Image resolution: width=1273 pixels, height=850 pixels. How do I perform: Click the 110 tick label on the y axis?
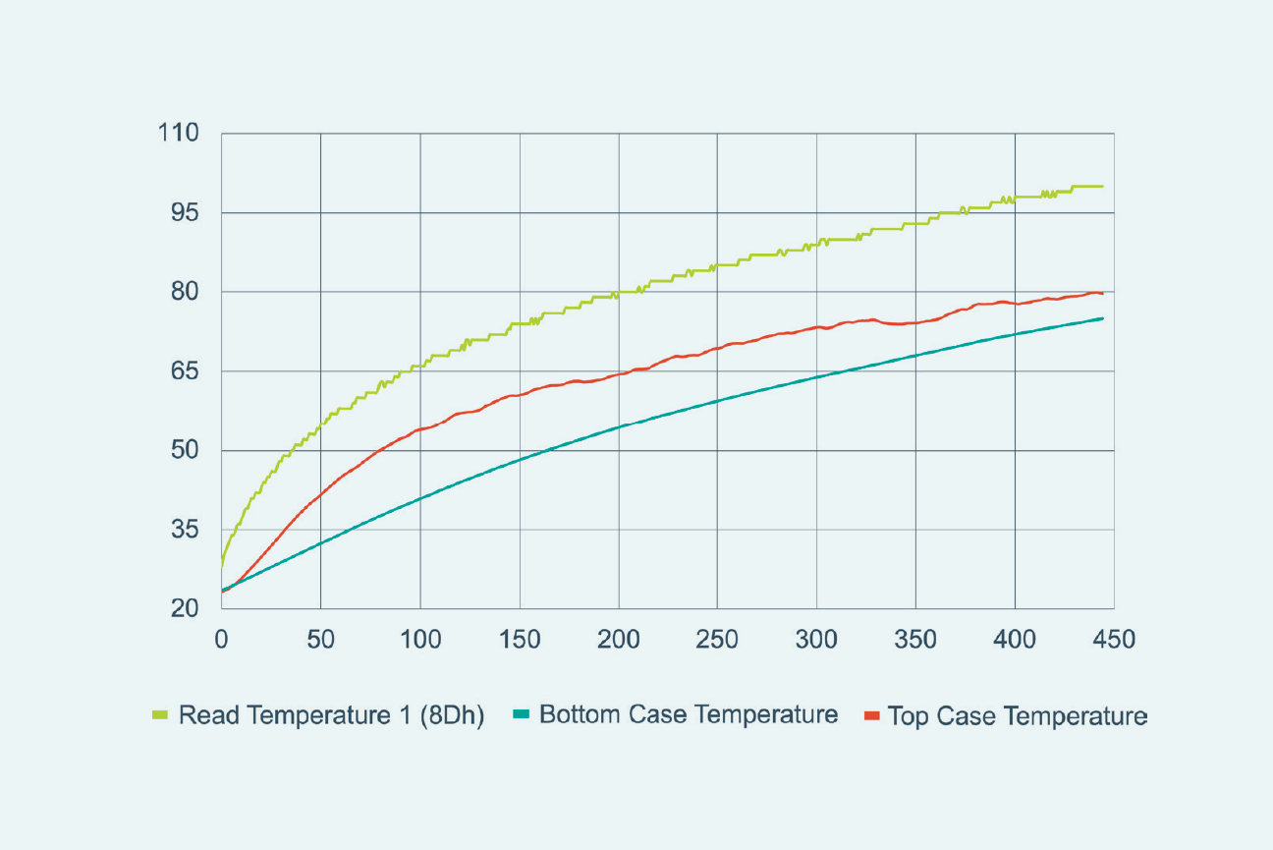[x=178, y=134]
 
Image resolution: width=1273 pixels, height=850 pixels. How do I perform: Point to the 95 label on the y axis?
[x=185, y=213]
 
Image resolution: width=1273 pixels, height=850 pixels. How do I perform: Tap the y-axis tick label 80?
[x=185, y=292]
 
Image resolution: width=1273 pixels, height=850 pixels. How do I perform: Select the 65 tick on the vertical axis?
[x=185, y=371]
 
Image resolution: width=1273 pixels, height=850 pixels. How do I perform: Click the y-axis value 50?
[x=185, y=450]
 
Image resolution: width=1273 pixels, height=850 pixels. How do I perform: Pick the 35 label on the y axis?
[x=185, y=530]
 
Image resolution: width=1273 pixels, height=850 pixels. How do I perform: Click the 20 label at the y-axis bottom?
[x=185, y=609]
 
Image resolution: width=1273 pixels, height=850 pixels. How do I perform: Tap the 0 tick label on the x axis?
[x=222, y=640]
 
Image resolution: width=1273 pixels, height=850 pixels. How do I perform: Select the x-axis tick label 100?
[x=419, y=640]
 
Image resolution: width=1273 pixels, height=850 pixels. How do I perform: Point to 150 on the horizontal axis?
[x=519, y=640]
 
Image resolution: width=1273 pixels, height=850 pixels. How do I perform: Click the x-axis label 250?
[x=717, y=640]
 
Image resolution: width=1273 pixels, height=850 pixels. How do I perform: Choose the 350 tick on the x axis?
[x=915, y=640]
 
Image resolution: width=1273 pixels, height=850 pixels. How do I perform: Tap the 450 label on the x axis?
[x=1114, y=640]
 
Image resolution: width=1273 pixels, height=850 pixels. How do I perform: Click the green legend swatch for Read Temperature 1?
[x=160, y=715]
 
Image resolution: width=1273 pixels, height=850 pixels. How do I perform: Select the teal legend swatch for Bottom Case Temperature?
[x=521, y=715]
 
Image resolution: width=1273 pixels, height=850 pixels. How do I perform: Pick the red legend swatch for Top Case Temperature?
[x=869, y=715]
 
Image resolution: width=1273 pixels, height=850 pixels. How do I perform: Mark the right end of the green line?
[x=1103, y=187]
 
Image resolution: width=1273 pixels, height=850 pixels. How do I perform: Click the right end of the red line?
[x=1103, y=294]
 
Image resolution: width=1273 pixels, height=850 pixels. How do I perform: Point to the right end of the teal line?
[x=1103, y=318]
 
